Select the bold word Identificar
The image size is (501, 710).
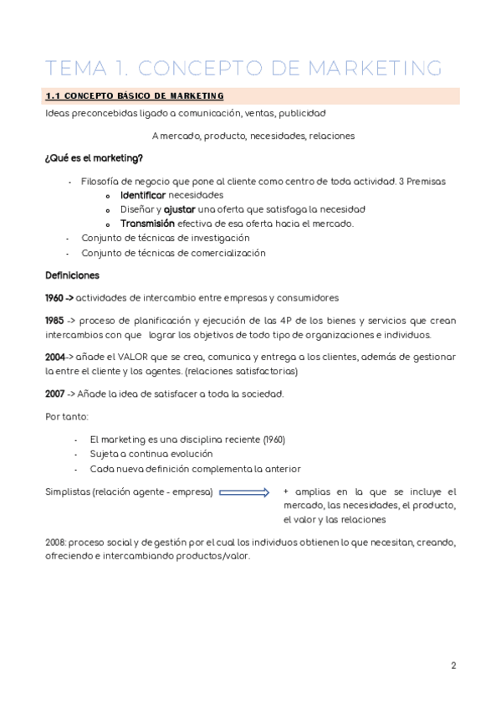click(149, 194)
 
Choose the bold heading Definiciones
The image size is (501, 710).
click(72, 275)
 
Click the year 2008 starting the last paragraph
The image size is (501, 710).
click(56, 543)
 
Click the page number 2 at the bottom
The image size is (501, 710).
click(453, 666)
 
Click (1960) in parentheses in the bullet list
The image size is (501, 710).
click(274, 440)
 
